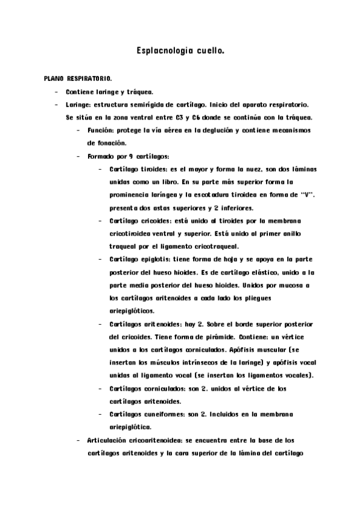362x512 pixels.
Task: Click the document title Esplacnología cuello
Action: tap(181, 53)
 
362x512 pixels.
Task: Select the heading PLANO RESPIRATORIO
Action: tap(77, 79)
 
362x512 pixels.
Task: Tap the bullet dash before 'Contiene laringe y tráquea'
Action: tap(56, 92)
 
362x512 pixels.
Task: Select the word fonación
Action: tap(106, 143)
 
